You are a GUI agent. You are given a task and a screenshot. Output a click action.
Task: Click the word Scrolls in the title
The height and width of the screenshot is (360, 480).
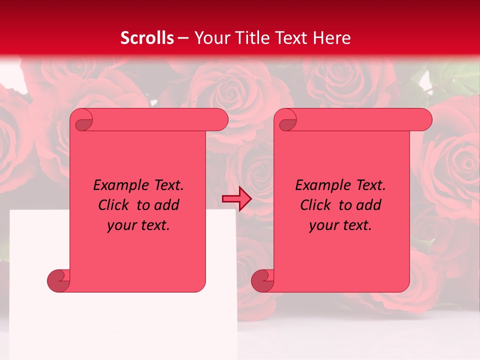click(147, 38)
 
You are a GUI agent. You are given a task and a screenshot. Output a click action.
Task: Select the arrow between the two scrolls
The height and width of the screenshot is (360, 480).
click(236, 199)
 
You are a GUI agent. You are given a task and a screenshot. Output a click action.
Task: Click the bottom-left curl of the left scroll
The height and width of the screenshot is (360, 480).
click(58, 280)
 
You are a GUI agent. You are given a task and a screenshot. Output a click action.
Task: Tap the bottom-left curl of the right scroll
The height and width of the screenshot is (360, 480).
click(262, 280)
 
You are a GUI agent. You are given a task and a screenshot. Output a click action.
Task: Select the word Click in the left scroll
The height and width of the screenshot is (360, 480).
click(114, 205)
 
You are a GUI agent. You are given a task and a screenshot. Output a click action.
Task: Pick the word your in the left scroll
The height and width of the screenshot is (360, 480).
click(121, 225)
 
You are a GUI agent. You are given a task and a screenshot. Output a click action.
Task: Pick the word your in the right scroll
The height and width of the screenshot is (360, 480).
click(323, 225)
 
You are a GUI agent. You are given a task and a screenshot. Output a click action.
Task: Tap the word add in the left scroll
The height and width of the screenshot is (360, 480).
click(166, 205)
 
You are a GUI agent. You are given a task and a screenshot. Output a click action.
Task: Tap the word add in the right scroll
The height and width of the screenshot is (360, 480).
click(368, 205)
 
